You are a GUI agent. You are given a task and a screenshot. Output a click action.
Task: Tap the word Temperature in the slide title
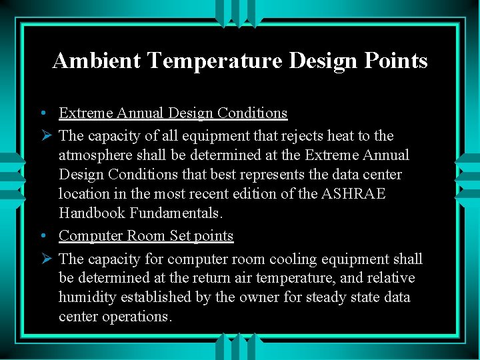pos(216,61)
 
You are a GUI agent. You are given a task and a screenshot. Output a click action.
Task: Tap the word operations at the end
pos(137,317)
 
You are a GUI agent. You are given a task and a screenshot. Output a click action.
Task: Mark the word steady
pos(327,297)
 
